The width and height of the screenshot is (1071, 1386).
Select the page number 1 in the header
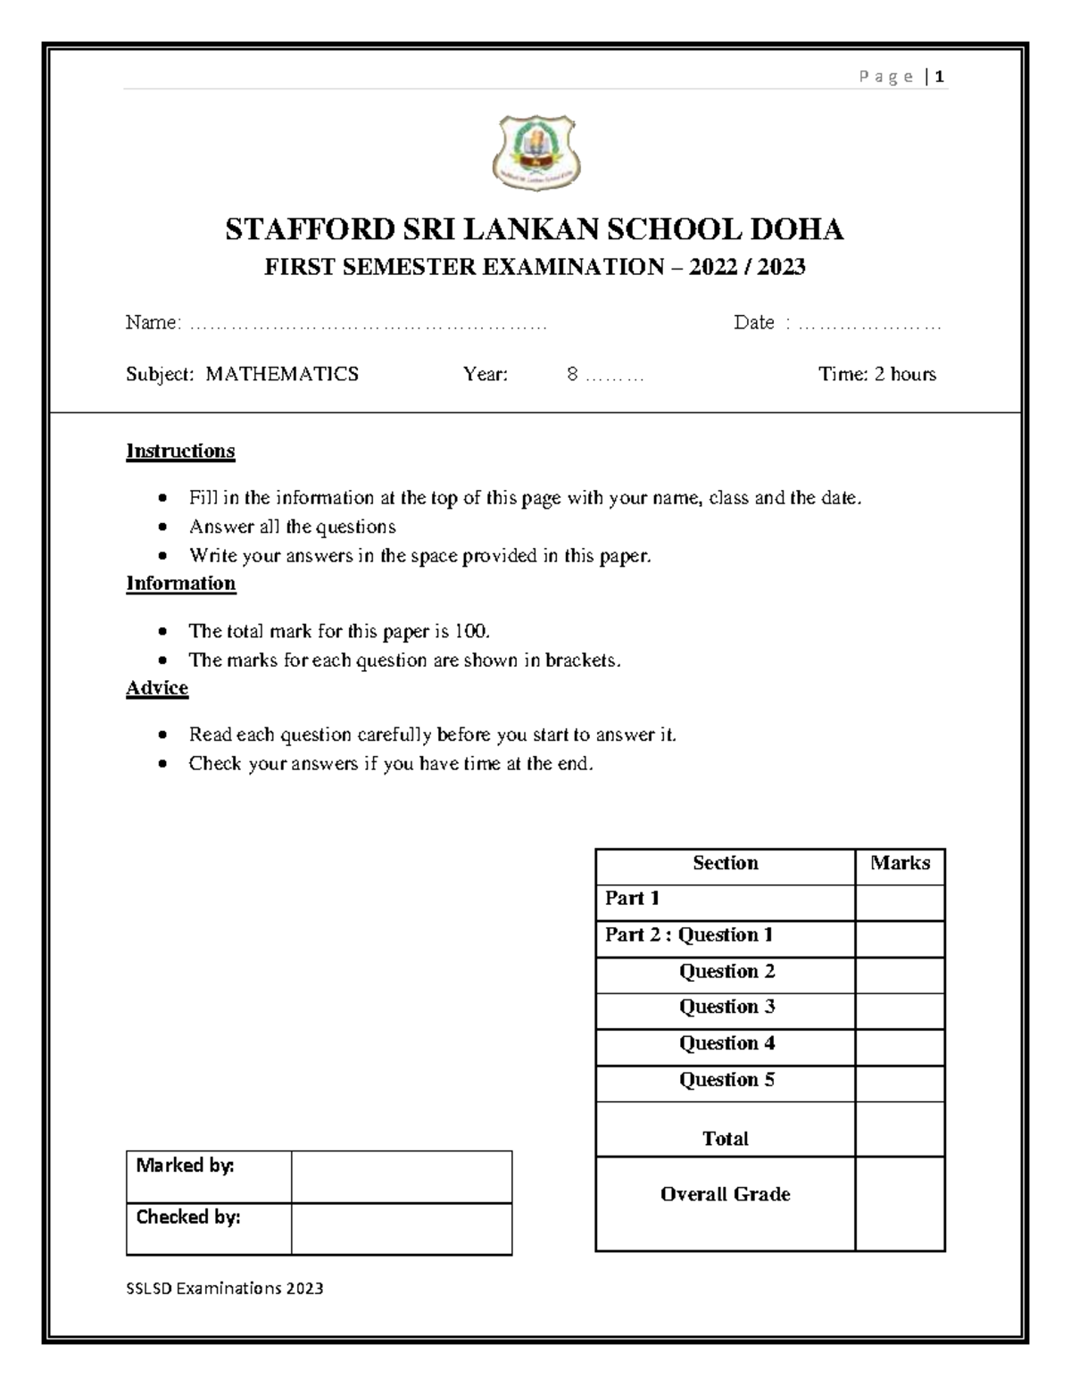coord(940,77)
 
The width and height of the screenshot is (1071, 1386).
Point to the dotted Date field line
coord(869,325)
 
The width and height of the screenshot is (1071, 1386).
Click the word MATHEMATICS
coord(282,374)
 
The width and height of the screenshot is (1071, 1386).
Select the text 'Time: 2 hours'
coord(876,374)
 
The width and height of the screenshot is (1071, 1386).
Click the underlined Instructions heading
coord(180,451)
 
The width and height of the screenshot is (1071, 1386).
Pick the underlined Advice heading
coord(157,688)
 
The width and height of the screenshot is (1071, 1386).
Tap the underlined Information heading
coord(180,584)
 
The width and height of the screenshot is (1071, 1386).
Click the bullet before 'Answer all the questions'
coord(162,527)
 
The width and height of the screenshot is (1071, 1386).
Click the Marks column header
coord(900,863)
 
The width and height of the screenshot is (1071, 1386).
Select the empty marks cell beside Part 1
coord(900,902)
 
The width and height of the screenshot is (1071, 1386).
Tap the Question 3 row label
coord(726,1007)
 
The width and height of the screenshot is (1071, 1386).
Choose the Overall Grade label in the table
coord(725,1194)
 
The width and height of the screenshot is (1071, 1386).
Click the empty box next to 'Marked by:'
coord(401,1176)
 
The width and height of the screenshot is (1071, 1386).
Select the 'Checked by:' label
coord(188,1217)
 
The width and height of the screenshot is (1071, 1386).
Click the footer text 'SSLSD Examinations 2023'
coord(225,1288)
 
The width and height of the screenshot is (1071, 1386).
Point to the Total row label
coord(725,1139)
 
